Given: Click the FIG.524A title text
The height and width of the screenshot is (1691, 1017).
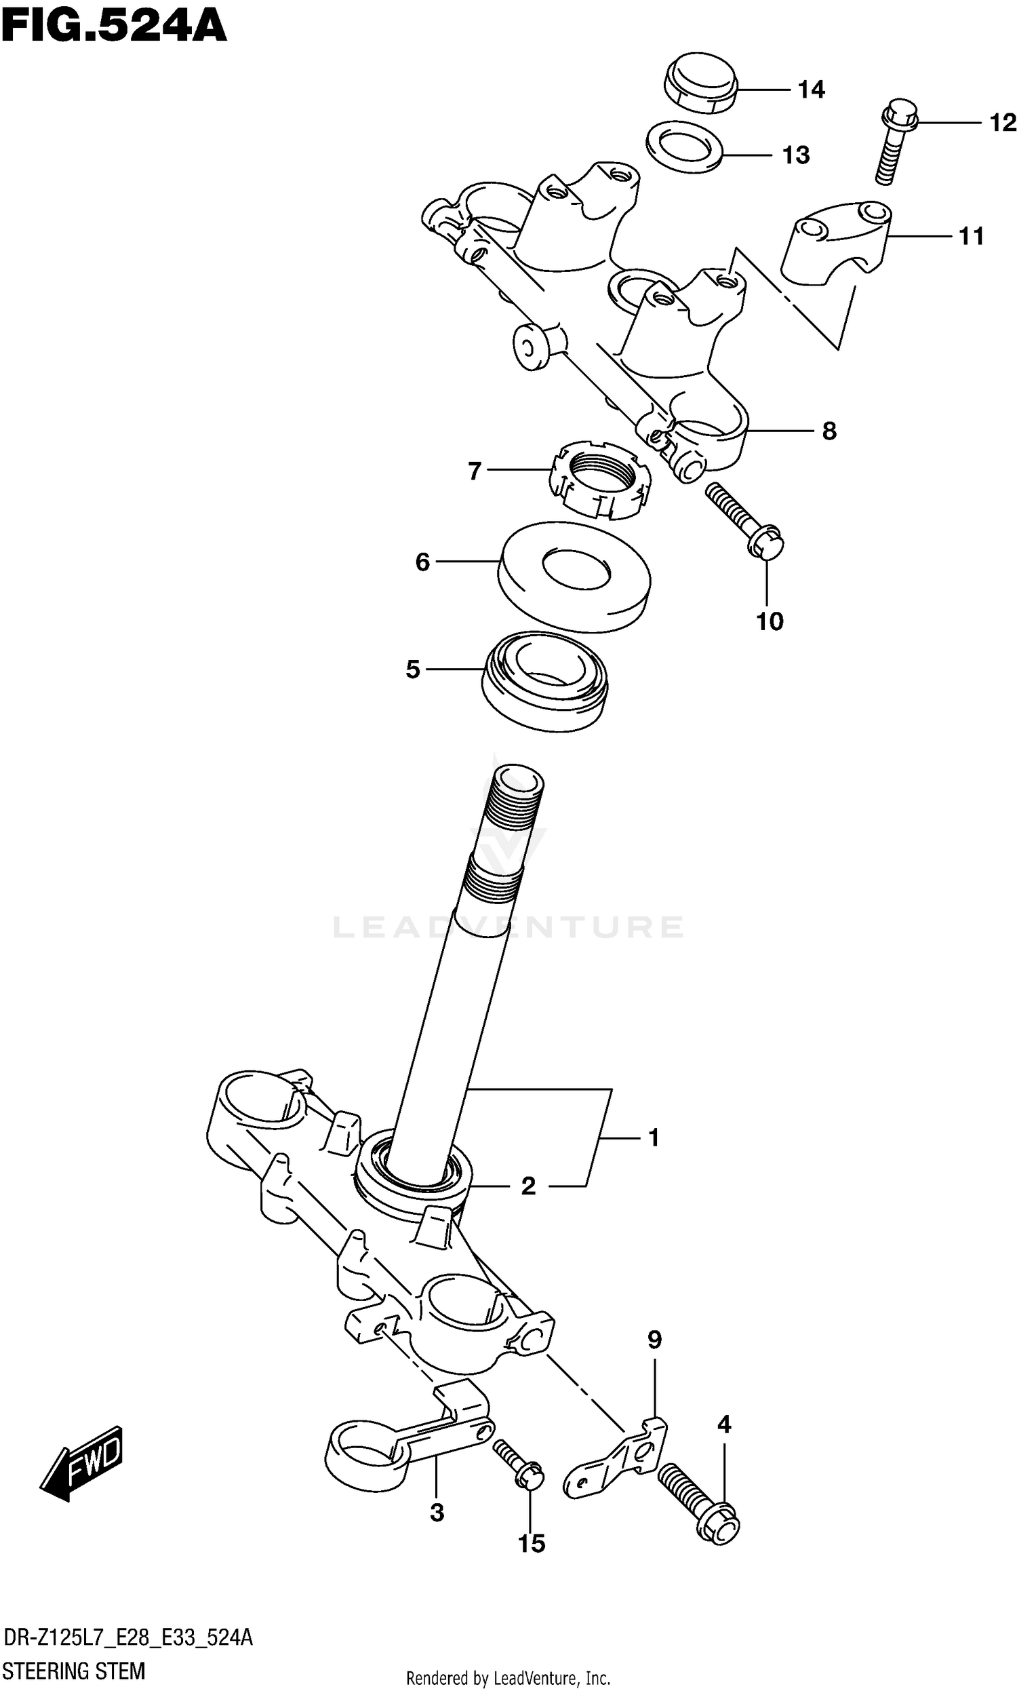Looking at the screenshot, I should [113, 27].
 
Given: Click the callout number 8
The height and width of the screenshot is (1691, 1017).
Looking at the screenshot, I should [829, 431].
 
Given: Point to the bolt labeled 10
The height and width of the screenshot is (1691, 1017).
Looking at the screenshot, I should [747, 522].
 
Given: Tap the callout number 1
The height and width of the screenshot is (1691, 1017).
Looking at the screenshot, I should [653, 1138].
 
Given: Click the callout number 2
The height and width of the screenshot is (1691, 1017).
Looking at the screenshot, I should [527, 1186].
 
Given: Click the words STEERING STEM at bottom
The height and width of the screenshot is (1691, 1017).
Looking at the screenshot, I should [74, 1671].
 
